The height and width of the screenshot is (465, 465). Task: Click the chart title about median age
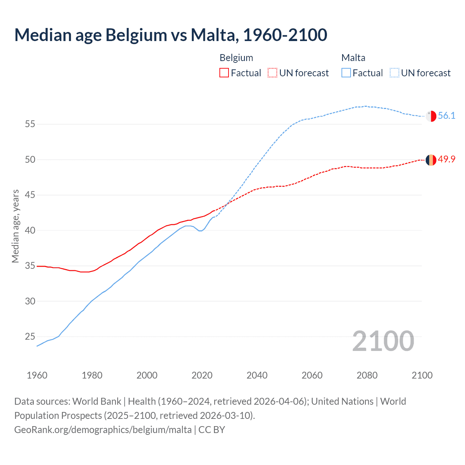click(x=171, y=35)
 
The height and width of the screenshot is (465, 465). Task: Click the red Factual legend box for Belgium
click(x=224, y=73)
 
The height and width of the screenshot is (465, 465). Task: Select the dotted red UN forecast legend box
click(x=272, y=73)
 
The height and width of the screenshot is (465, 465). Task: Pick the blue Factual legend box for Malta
click(x=346, y=73)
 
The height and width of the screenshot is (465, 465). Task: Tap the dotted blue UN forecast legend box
click(x=395, y=73)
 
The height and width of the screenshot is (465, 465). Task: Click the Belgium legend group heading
click(x=236, y=58)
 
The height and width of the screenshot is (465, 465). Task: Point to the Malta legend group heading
click(x=353, y=58)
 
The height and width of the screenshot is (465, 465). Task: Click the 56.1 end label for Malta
click(x=446, y=116)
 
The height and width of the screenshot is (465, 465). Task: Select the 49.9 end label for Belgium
click(x=446, y=159)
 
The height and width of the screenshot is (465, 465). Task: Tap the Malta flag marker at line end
click(x=431, y=116)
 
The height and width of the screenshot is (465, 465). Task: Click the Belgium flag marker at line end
click(x=431, y=160)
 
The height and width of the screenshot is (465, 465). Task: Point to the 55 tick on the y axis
click(x=30, y=124)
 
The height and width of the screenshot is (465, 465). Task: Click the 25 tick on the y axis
click(x=30, y=337)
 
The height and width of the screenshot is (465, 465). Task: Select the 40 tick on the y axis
click(x=30, y=231)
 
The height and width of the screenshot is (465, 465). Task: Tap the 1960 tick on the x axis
click(x=37, y=375)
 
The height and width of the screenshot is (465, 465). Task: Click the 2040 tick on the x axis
click(x=257, y=375)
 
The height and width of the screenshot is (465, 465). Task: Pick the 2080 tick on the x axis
click(x=367, y=375)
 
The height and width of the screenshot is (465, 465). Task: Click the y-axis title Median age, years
click(x=15, y=226)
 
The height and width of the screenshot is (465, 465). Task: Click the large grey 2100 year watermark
click(x=383, y=341)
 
